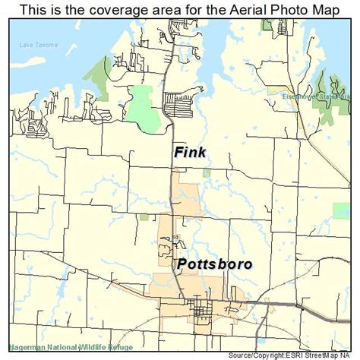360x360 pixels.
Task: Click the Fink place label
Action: [190, 153]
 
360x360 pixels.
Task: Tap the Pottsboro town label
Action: [216, 264]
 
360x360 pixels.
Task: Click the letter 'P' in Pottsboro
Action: [182, 264]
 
